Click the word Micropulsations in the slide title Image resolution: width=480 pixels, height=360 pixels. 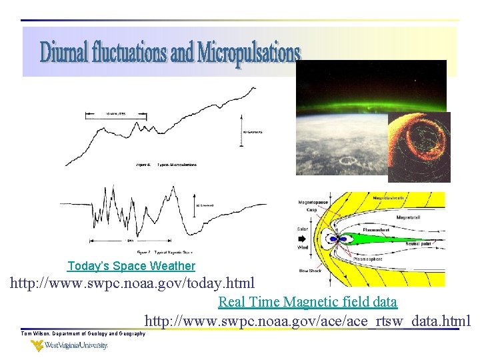pyautogui.click(x=249, y=54)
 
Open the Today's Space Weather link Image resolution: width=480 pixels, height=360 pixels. pyautogui.click(x=131, y=266)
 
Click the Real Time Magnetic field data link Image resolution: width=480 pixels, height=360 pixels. pyautogui.click(x=307, y=302)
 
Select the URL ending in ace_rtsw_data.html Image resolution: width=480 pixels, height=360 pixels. pyautogui.click(x=307, y=321)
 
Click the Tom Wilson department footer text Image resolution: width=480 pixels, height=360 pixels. pyautogui.click(x=83, y=333)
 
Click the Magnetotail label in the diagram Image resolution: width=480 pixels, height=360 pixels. pyautogui.click(x=412, y=218)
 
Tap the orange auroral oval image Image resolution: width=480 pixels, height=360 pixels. pyautogui.click(x=419, y=147)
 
